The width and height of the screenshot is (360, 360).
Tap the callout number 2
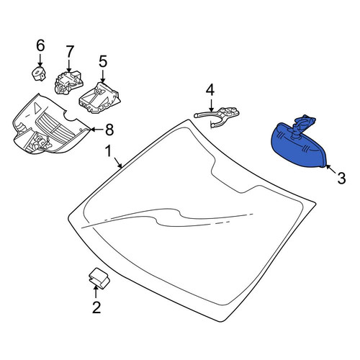point(96,307)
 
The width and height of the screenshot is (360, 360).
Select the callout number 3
point(341,178)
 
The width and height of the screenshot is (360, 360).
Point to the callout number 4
point(210,90)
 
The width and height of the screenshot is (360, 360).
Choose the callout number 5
point(103,61)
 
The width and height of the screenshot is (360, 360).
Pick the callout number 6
point(40,45)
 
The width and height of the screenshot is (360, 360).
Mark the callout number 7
point(69,52)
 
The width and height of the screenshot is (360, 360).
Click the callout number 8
point(109,130)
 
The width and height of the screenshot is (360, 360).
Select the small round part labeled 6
point(38,73)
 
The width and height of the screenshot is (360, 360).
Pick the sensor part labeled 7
point(69,82)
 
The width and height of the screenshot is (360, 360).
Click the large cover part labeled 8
point(48,127)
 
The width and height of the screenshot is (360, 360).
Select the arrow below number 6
point(40,60)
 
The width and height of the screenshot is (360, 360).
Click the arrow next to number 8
point(96,130)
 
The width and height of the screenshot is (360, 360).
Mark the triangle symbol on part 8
point(37,107)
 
